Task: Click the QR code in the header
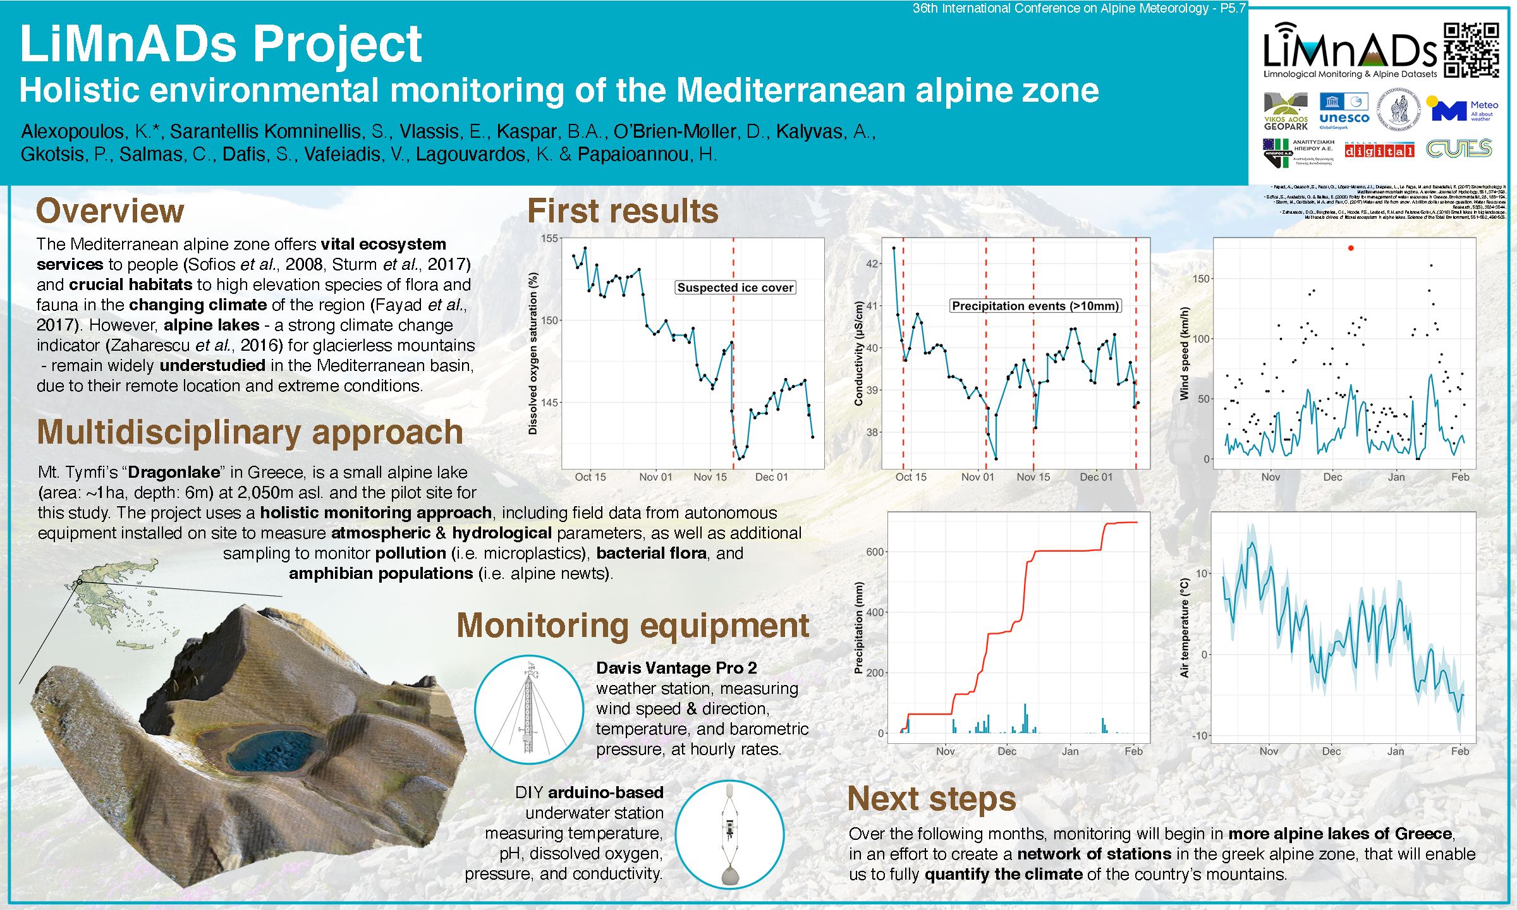pos(1471,51)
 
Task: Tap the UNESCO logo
pos(1344,111)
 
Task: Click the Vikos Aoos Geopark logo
pos(1286,111)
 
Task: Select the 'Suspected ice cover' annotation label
pos(735,288)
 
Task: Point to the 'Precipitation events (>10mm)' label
pos(1035,306)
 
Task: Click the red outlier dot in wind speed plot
pos(1351,248)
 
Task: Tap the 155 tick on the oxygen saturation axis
pos(549,238)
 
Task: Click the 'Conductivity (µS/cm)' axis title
pos(858,353)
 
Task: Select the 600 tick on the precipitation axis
pos(875,552)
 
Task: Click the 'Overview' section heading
pos(110,210)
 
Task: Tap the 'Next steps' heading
pos(931,799)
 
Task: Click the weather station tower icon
pos(529,709)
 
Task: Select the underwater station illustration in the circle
pos(729,834)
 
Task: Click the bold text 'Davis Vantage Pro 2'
pos(676,668)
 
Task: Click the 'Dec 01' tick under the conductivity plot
pos(1095,477)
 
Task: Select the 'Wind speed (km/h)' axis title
pos(1185,353)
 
